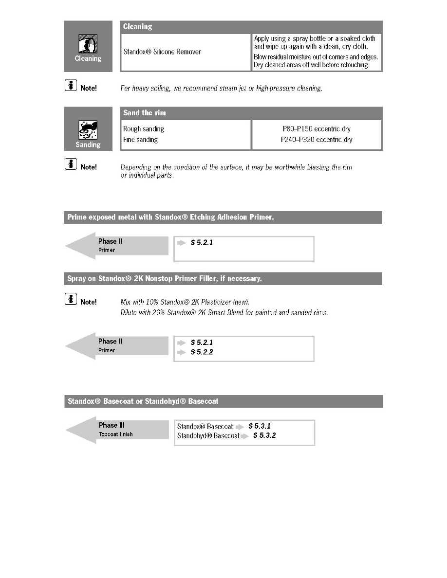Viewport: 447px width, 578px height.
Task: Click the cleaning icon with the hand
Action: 88,45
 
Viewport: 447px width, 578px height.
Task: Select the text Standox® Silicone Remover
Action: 162,52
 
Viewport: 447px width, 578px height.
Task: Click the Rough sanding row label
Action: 144,129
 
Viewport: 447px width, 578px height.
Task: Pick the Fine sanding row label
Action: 141,140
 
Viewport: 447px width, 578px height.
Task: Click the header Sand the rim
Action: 145,113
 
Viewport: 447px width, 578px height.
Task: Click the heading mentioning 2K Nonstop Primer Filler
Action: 166,279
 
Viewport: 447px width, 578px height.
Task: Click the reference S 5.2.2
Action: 202,352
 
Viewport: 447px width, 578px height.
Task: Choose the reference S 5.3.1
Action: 260,426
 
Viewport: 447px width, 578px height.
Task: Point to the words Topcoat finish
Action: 115,434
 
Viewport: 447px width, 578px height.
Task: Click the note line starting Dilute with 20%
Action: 224,313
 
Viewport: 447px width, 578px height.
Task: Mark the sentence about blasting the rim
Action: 236,171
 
